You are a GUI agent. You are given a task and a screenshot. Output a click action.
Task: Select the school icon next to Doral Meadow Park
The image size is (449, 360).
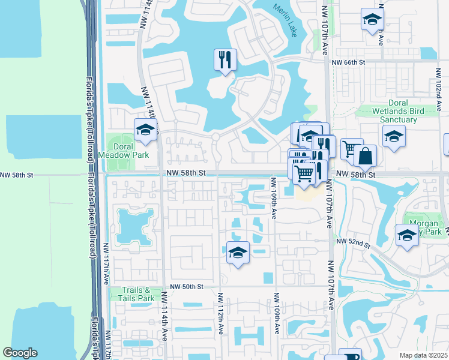click(x=146, y=130)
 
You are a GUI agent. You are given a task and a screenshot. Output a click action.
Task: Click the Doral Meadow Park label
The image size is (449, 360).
click(x=123, y=152)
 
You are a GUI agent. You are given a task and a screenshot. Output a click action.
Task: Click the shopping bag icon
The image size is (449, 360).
click(x=365, y=156)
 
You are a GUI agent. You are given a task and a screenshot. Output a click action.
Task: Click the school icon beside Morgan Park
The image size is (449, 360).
click(x=407, y=235)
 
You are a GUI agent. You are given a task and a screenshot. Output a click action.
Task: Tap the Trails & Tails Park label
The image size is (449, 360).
click(x=133, y=294)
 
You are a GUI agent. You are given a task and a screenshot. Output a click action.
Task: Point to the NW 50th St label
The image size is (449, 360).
click(x=187, y=287)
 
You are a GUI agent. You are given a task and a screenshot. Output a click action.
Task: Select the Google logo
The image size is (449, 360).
click(x=20, y=353)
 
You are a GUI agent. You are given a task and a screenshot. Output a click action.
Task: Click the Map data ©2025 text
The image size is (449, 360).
click(x=423, y=355)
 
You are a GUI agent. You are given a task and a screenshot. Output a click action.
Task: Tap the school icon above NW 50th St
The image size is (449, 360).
click(x=238, y=253)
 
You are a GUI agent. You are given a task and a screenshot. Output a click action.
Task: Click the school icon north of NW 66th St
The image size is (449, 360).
click(x=373, y=19)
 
